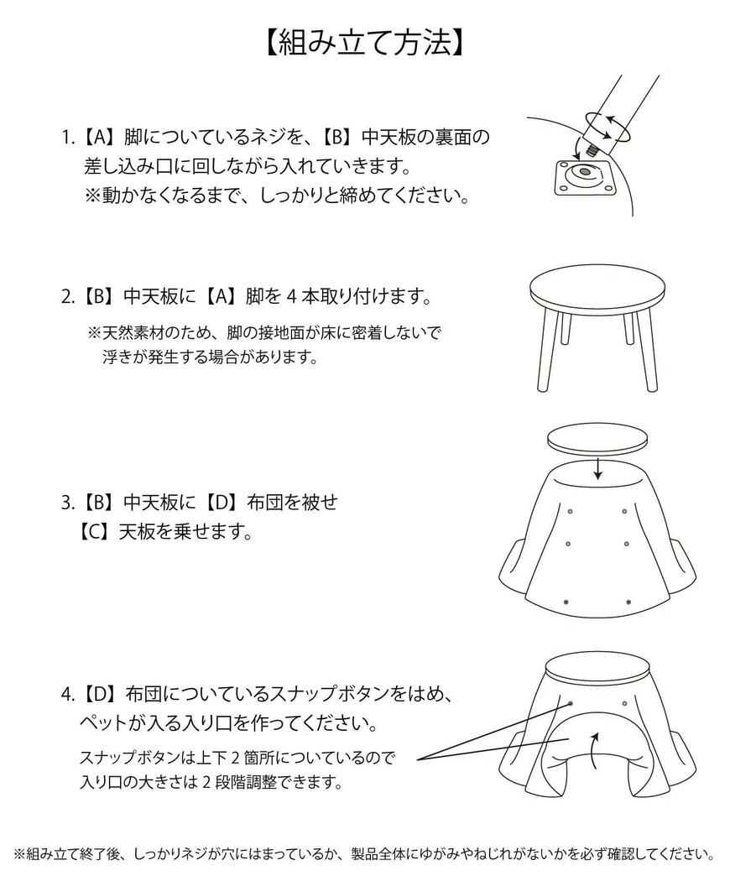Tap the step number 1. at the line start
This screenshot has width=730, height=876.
68,136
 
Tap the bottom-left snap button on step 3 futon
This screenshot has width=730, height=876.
568,602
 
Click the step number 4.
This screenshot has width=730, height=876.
68,695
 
